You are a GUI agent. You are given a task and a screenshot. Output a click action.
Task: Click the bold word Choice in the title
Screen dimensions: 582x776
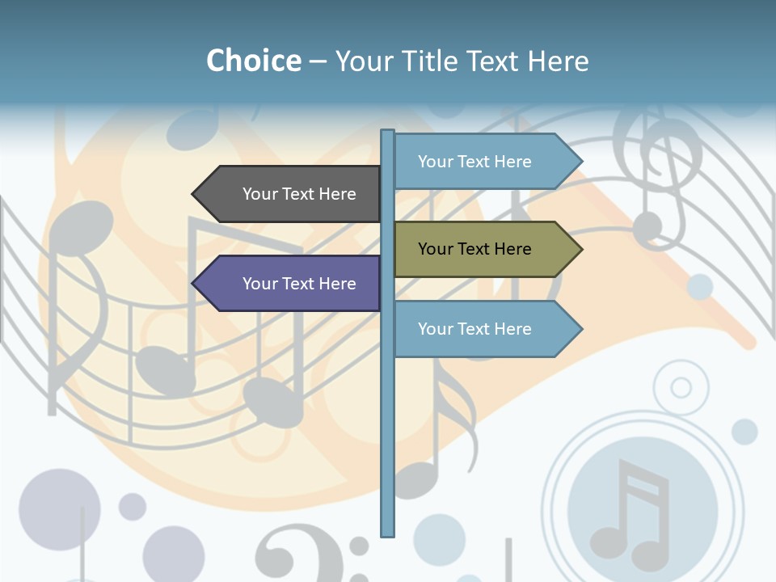point(253,61)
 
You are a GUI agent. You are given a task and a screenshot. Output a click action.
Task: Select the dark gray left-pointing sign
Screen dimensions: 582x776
point(291,194)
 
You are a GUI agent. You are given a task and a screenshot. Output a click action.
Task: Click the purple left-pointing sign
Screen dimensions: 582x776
point(291,284)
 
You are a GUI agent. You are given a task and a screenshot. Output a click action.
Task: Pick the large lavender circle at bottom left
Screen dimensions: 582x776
point(59,509)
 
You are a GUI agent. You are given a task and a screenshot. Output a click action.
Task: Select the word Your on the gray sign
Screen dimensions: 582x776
point(259,194)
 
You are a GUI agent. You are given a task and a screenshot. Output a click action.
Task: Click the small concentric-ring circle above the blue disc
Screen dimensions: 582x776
point(681,388)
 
